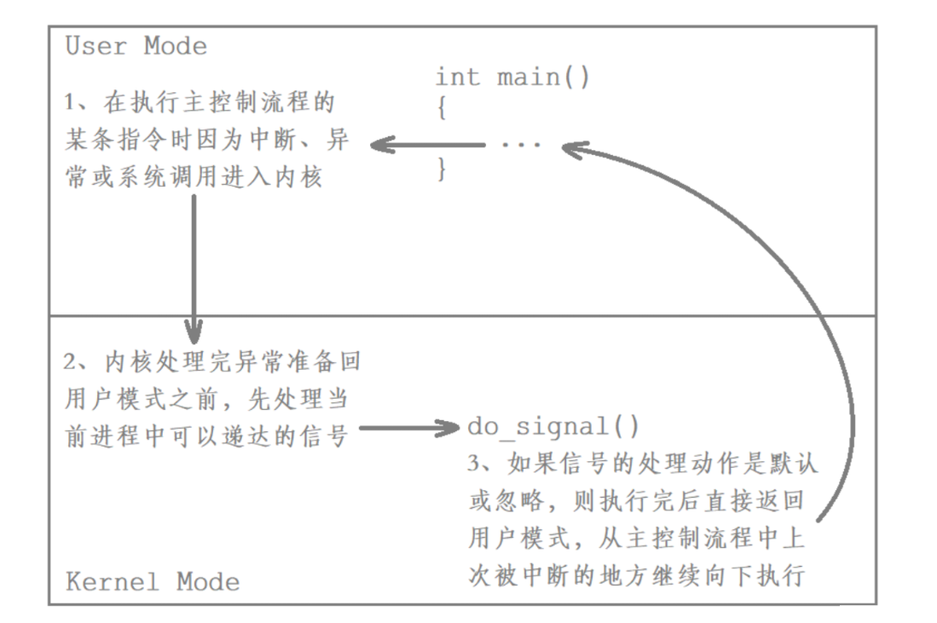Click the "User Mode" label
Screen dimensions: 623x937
[136, 46]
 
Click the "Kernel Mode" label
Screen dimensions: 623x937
[153, 582]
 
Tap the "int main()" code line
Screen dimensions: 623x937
[512, 78]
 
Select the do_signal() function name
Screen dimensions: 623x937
[553, 426]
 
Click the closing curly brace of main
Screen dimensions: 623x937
[442, 169]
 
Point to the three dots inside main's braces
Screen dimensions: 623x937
[521, 145]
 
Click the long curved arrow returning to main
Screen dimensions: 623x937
[844, 341]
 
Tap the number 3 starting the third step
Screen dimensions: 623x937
[475, 464]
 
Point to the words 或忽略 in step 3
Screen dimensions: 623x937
[503, 501]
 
